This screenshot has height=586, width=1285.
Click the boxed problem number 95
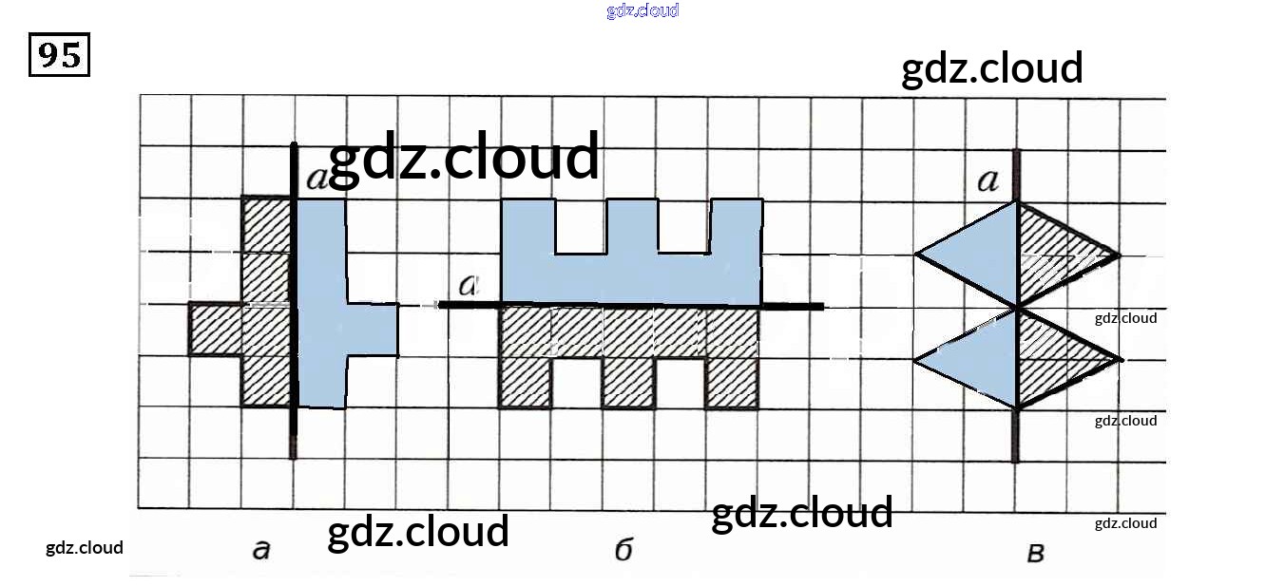click(x=59, y=55)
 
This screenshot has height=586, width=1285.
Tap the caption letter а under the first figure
click(x=261, y=548)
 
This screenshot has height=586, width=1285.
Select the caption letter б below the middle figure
click(x=623, y=550)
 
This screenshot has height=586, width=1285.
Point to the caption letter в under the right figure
click(x=1036, y=552)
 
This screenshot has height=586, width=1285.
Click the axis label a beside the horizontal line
click(x=468, y=285)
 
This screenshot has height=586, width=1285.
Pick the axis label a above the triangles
click(x=988, y=180)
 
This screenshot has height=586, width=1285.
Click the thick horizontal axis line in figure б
click(x=798, y=306)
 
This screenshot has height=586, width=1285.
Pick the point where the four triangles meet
click(x=1017, y=307)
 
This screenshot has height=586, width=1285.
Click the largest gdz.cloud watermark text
click(x=464, y=157)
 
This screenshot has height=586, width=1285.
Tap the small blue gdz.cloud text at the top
click(x=642, y=11)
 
